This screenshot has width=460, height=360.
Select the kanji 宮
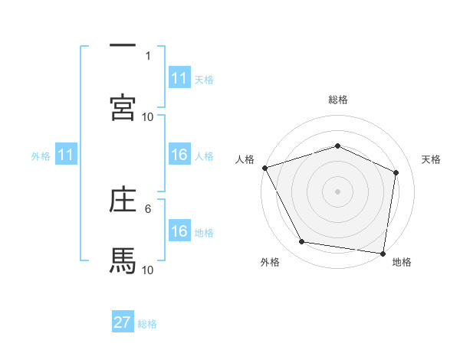123,108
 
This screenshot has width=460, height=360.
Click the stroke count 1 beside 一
148,55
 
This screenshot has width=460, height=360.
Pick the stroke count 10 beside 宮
148,116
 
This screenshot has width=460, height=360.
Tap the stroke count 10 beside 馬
148,270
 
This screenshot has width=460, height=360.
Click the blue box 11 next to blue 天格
179,78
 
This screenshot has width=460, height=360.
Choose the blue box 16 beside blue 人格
179,155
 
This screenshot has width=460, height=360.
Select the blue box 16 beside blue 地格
179,231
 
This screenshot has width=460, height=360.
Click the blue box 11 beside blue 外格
65,155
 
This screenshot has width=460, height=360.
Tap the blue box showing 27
122,322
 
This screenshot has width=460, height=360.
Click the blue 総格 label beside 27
148,323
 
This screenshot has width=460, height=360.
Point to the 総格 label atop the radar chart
337,100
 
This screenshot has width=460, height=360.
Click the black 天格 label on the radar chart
432,159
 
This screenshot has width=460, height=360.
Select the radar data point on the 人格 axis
264,168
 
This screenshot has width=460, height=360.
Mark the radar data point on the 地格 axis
383,253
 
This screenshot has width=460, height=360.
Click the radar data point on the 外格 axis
302,242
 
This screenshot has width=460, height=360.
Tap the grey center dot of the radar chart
337,191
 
